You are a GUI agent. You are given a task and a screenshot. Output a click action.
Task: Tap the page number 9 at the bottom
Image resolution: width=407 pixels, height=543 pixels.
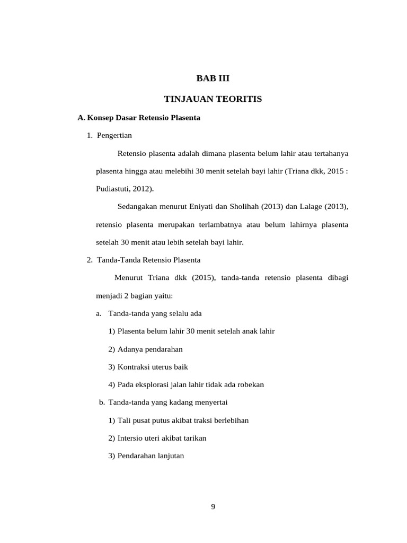(213, 506)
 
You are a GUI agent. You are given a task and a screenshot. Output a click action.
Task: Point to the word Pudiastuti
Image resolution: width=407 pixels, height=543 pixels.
(114, 188)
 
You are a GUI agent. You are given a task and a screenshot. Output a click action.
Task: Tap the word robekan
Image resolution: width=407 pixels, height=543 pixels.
(250, 384)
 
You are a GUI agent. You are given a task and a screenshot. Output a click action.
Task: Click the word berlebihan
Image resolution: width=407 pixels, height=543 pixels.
(229, 421)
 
